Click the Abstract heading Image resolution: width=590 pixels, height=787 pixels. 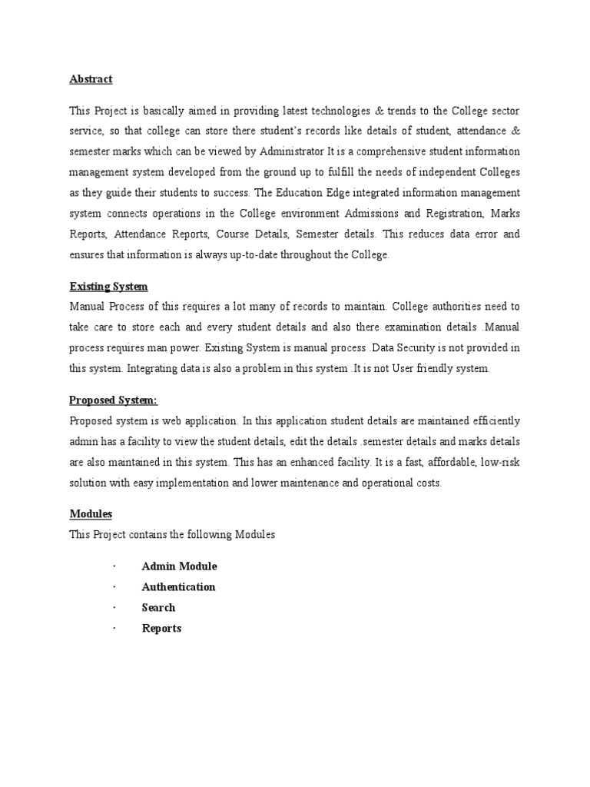coord(91,79)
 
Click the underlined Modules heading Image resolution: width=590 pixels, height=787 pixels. coord(91,513)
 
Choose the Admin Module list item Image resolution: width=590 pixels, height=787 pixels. coord(179,566)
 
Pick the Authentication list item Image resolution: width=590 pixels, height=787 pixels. coord(178,587)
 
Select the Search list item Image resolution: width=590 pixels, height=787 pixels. coord(158,608)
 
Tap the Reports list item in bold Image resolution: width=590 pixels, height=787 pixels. coord(161,629)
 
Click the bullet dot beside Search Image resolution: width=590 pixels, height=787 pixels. coord(113,608)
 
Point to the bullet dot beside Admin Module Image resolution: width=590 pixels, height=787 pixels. coord(113,566)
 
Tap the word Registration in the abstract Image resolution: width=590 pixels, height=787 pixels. coord(442,213)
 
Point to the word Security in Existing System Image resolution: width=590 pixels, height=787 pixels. coord(408,347)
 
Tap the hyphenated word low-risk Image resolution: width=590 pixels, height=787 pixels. coord(499,462)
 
